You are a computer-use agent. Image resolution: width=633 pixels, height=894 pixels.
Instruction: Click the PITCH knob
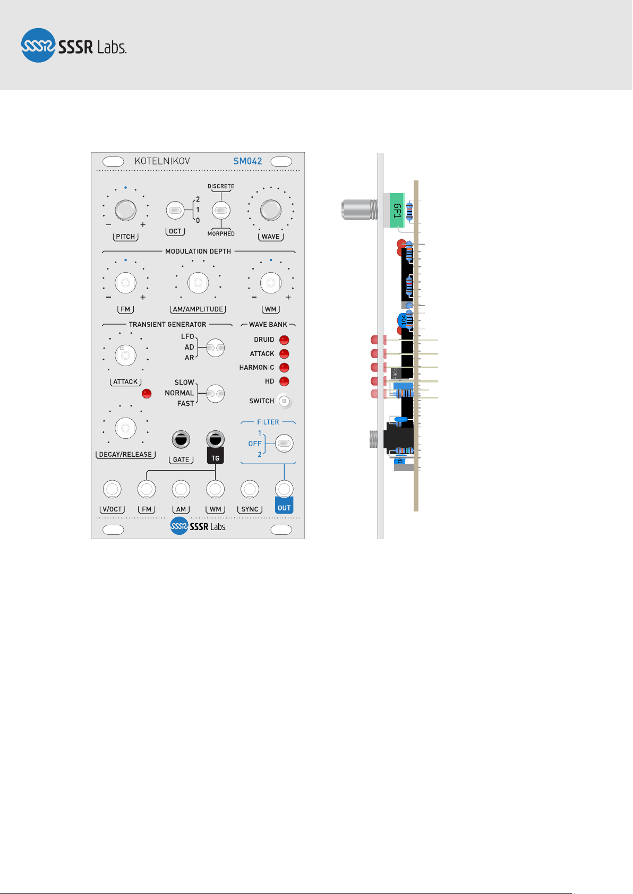(x=125, y=210)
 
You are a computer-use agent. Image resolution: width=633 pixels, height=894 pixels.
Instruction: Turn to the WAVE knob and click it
(x=270, y=210)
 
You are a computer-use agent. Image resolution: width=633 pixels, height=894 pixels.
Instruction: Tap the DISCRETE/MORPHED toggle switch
(x=221, y=211)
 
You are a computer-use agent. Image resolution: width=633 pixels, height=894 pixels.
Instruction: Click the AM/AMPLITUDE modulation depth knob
(x=198, y=283)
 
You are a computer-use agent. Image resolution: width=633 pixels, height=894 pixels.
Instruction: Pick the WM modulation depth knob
(x=270, y=283)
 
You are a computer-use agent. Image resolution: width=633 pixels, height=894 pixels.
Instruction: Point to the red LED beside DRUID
(x=284, y=340)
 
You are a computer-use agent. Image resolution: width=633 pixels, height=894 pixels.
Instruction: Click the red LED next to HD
(x=284, y=381)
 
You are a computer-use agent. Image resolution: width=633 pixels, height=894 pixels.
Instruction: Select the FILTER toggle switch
(x=284, y=444)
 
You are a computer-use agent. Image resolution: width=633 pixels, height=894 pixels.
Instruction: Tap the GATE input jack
(x=181, y=440)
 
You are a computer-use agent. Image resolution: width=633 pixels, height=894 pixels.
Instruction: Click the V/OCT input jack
(x=112, y=489)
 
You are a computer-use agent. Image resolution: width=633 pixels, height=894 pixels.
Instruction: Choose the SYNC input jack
(x=250, y=489)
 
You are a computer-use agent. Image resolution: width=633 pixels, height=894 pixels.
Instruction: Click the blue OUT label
(x=284, y=508)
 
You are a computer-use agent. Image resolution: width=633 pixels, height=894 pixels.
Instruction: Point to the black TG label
(x=215, y=457)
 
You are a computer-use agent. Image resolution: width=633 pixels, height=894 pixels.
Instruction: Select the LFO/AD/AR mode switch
(x=215, y=348)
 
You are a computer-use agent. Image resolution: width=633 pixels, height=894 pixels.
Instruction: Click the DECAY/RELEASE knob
(x=125, y=428)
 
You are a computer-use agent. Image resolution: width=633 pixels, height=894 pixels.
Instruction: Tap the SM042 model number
(x=247, y=161)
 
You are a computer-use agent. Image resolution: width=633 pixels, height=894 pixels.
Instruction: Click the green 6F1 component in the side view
(x=397, y=211)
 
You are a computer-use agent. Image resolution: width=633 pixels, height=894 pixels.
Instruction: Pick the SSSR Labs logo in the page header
(x=74, y=46)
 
